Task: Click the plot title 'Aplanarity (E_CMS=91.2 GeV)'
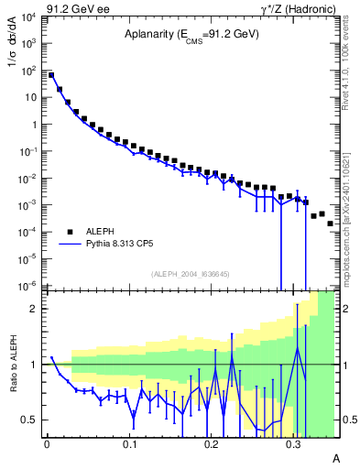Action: pyautogui.click(x=191, y=35)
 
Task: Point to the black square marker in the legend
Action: pyautogui.click(x=70, y=232)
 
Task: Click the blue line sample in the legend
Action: pyautogui.click(x=70, y=245)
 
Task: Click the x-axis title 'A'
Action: pyautogui.click(x=335, y=457)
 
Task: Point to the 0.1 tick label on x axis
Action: pyautogui.click(x=129, y=443)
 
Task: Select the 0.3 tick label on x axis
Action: pyautogui.click(x=294, y=443)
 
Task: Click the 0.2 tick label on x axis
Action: pyautogui.click(x=212, y=443)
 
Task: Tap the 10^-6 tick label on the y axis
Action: pyautogui.click(x=29, y=285)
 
